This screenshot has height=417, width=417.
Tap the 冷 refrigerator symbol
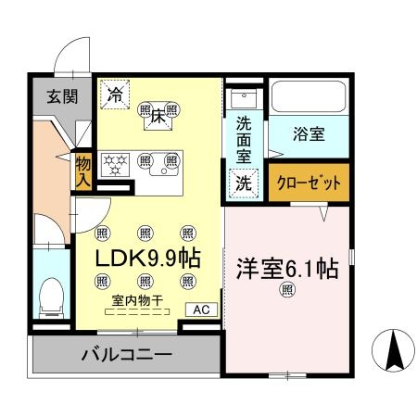116,94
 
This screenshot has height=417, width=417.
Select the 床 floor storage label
158,116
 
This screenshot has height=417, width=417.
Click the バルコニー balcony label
125,354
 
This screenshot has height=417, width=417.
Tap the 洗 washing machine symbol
243,183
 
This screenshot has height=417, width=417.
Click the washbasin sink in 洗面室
243,99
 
